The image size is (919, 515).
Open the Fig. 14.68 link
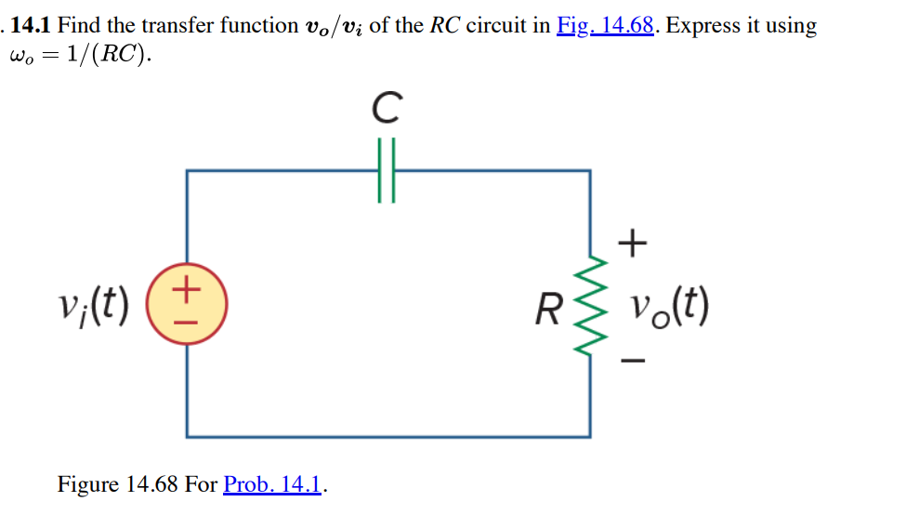point(607,25)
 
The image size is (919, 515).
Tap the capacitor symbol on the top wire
point(387,171)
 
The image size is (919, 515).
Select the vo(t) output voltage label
point(668,305)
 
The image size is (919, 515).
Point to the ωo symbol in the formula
point(20,56)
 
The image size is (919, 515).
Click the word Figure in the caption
point(88,484)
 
